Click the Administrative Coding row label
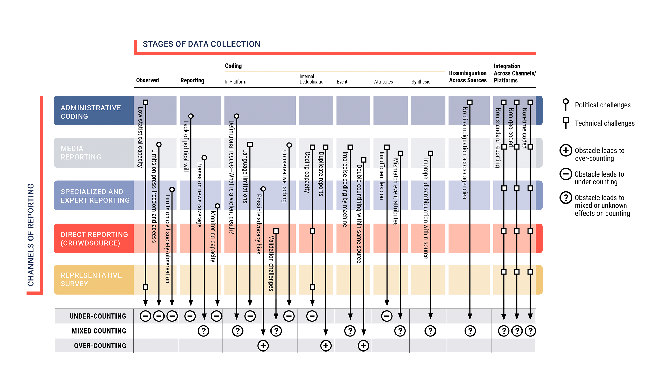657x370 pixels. coord(90,112)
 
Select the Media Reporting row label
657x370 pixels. coord(81,153)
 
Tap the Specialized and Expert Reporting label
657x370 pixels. coord(95,196)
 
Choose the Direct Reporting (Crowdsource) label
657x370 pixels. coord(94,238)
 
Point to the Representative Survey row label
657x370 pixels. coord(91,279)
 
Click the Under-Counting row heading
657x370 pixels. coord(98,316)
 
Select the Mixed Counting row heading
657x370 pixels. coord(99,331)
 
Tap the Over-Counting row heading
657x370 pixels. coord(100,346)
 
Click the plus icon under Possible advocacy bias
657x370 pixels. coord(263,346)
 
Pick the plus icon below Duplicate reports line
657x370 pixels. coord(326,346)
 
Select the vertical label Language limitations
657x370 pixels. coord(245,176)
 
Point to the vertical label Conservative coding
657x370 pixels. coord(284,176)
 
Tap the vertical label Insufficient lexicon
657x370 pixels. coord(382,176)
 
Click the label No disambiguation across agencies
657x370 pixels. coord(465,153)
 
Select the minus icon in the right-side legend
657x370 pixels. coord(566,174)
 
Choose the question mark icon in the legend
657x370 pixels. coord(566,198)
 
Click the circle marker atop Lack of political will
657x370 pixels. coord(191,116)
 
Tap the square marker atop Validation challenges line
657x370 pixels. coord(276,231)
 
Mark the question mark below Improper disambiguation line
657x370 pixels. coord(430,331)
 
